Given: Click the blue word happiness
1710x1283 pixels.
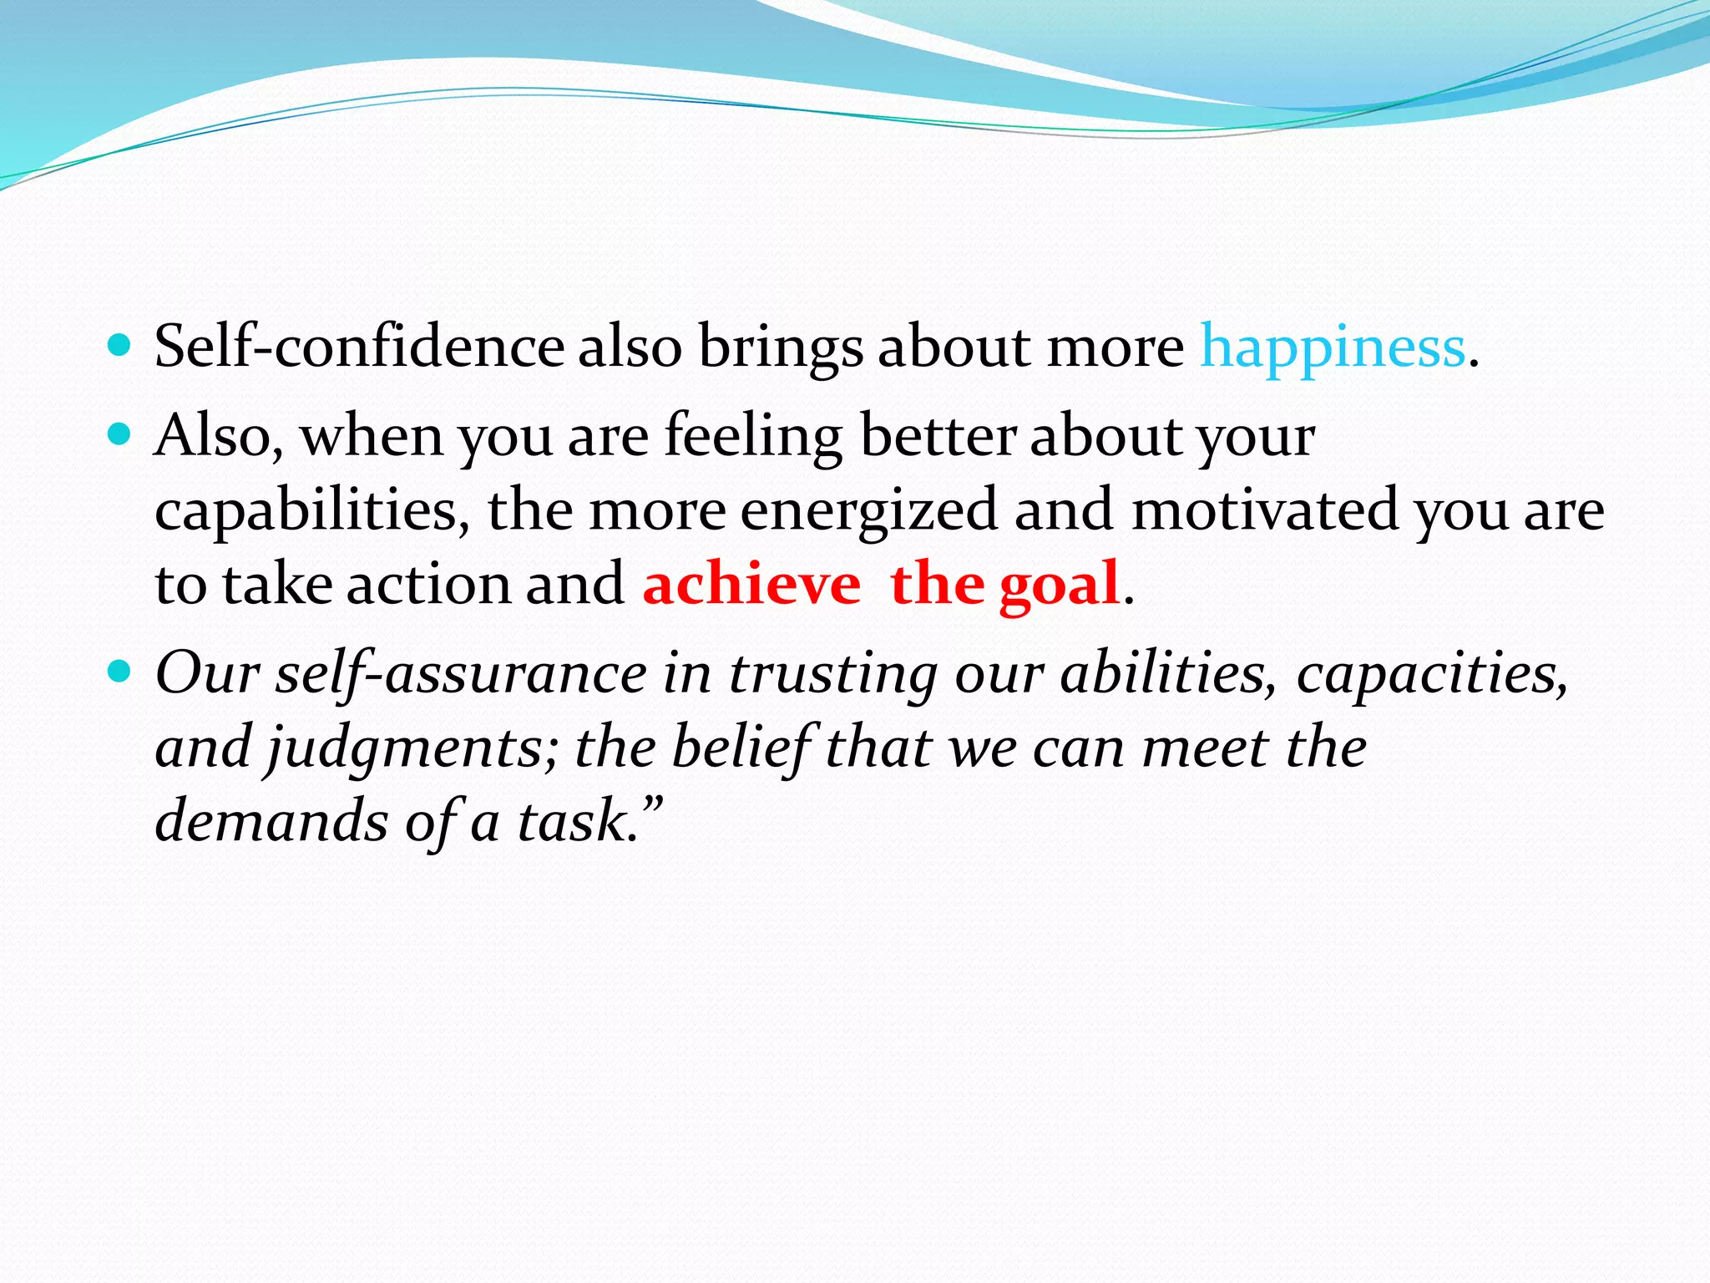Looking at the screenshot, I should pyautogui.click(x=1333, y=347).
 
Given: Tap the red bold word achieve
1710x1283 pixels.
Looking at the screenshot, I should pyautogui.click(x=751, y=584).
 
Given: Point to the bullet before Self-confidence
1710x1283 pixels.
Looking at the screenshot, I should pyautogui.click(x=120, y=343).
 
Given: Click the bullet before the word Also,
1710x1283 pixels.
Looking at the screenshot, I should pyautogui.click(x=120, y=433).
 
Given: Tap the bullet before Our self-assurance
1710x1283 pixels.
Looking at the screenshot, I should pyautogui.click(x=120, y=670).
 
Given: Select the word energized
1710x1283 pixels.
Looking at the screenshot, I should pyautogui.click(x=868, y=510).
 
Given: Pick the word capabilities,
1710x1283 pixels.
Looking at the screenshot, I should pyautogui.click(x=312, y=510).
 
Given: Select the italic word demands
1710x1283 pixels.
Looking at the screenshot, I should pyautogui.click(x=271, y=820).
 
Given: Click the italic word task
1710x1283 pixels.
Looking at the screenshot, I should pyautogui.click(x=573, y=820).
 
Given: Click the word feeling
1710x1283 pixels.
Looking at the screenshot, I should pyautogui.click(x=753, y=436).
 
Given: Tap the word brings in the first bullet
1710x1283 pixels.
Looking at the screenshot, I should pyautogui.click(x=780, y=347).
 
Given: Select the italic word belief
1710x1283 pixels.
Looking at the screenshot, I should pyautogui.click(x=742, y=747).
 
